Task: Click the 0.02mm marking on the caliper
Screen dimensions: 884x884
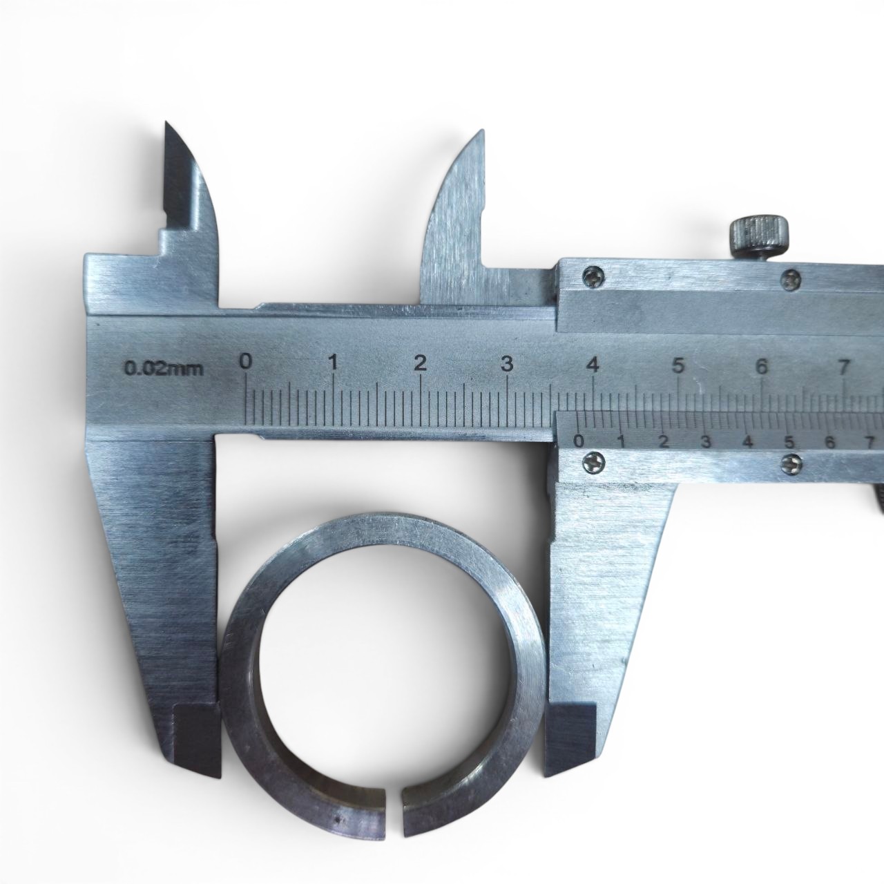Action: [x=164, y=369]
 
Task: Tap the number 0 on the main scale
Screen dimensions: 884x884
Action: [x=247, y=362]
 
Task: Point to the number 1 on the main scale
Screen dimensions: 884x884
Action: [x=334, y=363]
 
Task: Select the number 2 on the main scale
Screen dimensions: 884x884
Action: [x=420, y=363]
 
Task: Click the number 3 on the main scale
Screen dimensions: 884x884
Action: [x=506, y=364]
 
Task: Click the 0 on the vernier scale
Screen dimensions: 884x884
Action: [x=579, y=441]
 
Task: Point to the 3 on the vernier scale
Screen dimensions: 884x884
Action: [x=706, y=442]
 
